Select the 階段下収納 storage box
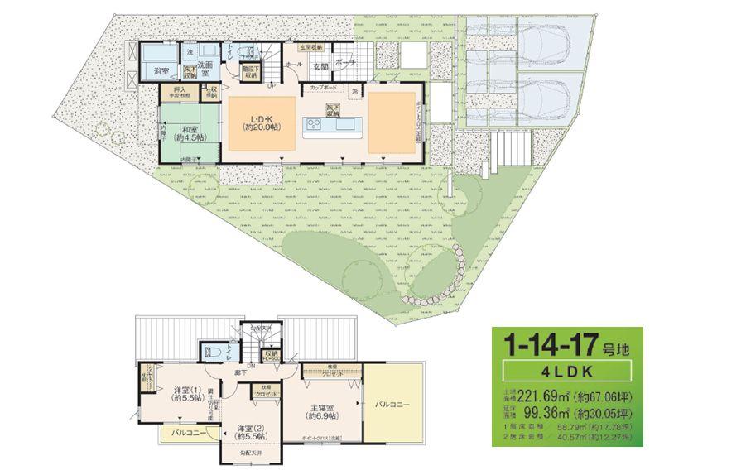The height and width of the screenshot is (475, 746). click(249, 73)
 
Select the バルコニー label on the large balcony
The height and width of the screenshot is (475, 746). click(392, 405)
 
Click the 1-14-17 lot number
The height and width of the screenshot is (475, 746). click(559, 342)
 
